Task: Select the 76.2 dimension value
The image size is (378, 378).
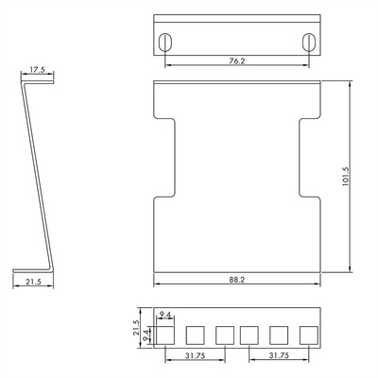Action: pyautogui.click(x=237, y=62)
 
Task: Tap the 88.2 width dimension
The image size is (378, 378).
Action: pyautogui.click(x=237, y=279)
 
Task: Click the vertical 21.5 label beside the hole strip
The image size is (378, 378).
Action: pyautogui.click(x=136, y=328)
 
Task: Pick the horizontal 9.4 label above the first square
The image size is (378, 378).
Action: pyautogui.click(x=166, y=315)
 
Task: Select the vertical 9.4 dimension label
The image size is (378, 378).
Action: pyautogui.click(x=146, y=334)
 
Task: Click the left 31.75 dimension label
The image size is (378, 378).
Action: pyautogui.click(x=196, y=357)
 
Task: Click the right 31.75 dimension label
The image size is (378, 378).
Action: pyautogui.click(x=279, y=357)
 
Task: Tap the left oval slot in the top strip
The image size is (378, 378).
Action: pyautogui.click(x=166, y=42)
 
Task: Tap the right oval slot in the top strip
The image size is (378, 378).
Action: pyautogui.click(x=307, y=42)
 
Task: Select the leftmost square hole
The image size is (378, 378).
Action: pyautogui.click(x=166, y=335)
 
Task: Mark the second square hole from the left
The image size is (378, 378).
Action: pyautogui.click(x=196, y=335)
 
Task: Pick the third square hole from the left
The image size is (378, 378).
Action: pyautogui.click(x=224, y=335)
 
